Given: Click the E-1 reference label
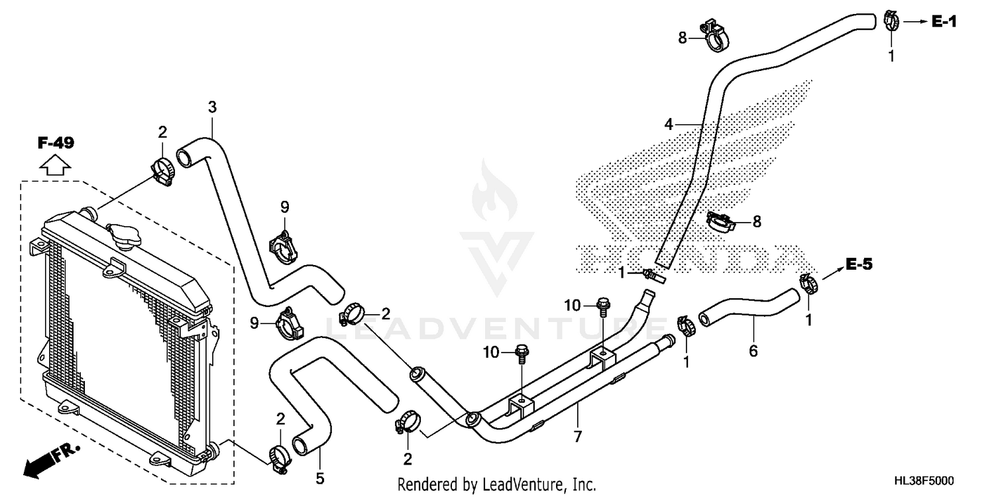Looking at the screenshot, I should point(944,22).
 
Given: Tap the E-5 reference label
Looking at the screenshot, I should point(859,265).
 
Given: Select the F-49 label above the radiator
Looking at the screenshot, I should point(56,142).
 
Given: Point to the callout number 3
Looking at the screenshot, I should point(212,107).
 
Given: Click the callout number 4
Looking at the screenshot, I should point(669,124).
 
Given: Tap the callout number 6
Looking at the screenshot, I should point(753,351).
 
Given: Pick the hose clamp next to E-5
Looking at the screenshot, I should point(808,284).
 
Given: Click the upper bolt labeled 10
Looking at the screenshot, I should point(603,306).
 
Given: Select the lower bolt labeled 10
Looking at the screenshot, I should point(522,353).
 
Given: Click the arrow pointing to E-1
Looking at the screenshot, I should point(914,22).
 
